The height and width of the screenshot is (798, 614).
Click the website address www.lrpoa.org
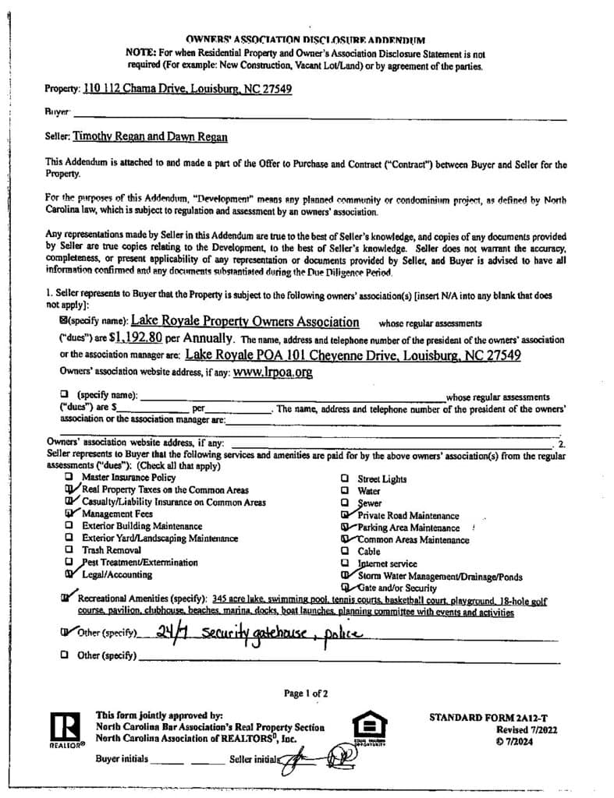(273, 373)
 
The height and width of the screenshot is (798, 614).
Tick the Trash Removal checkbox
(69, 550)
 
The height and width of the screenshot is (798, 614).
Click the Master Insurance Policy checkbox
(69, 477)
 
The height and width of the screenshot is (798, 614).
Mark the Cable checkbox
(345, 551)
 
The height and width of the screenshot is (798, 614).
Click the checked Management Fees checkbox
(70, 514)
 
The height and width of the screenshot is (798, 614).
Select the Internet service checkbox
(345, 563)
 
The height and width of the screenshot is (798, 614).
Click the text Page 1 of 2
(307, 692)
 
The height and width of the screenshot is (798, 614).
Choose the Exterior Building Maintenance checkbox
(69, 526)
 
